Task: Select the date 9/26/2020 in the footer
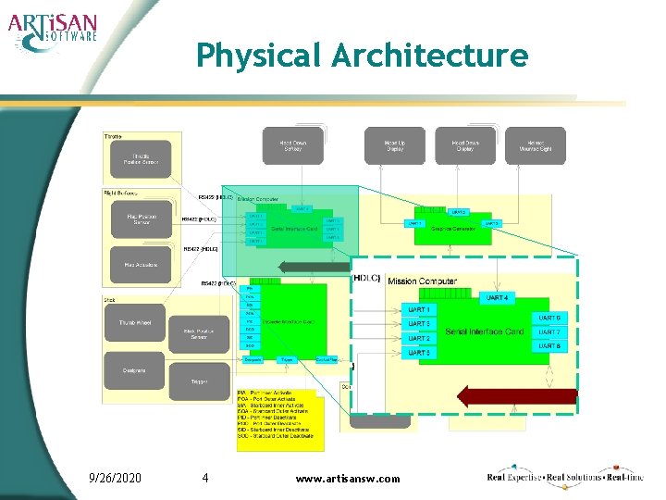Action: (x=115, y=478)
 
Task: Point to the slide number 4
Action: (x=204, y=478)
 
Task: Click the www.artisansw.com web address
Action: (x=348, y=479)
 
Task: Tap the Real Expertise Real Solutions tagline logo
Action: (x=564, y=477)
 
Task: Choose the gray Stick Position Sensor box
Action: (x=199, y=332)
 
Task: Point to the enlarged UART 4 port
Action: (x=496, y=297)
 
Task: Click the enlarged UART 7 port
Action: (x=549, y=331)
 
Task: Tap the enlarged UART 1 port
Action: (x=419, y=309)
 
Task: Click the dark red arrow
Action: (x=517, y=397)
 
